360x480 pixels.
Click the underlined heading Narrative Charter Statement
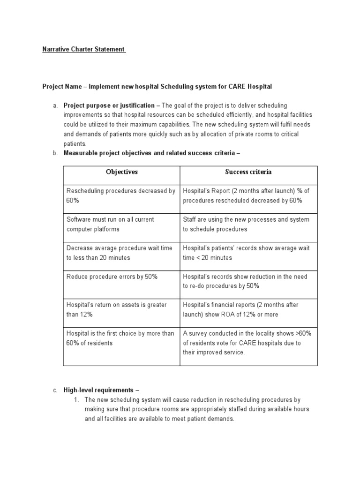pyautogui.click(x=84, y=49)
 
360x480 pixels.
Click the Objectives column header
pyautogui.click(x=121, y=172)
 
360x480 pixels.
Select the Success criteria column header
pyautogui.click(x=248, y=172)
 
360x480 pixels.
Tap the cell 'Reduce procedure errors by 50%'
pyautogui.click(x=112, y=277)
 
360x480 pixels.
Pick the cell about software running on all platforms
pyautogui.click(x=110, y=224)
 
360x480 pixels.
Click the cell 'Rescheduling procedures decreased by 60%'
pyautogui.click(x=121, y=195)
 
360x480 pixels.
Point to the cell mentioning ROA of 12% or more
pyautogui.click(x=241, y=309)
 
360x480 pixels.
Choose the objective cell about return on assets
pyautogui.click(x=116, y=309)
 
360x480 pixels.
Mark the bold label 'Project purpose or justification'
pyautogui.click(x=109, y=105)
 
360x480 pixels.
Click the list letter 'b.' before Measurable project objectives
pyautogui.click(x=55, y=153)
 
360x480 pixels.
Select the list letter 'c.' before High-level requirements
pyautogui.click(x=55, y=390)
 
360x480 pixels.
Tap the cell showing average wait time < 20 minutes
pyautogui.click(x=246, y=253)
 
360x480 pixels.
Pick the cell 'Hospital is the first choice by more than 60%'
pyautogui.click(x=120, y=338)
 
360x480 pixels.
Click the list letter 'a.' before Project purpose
pyautogui.click(x=55, y=105)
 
